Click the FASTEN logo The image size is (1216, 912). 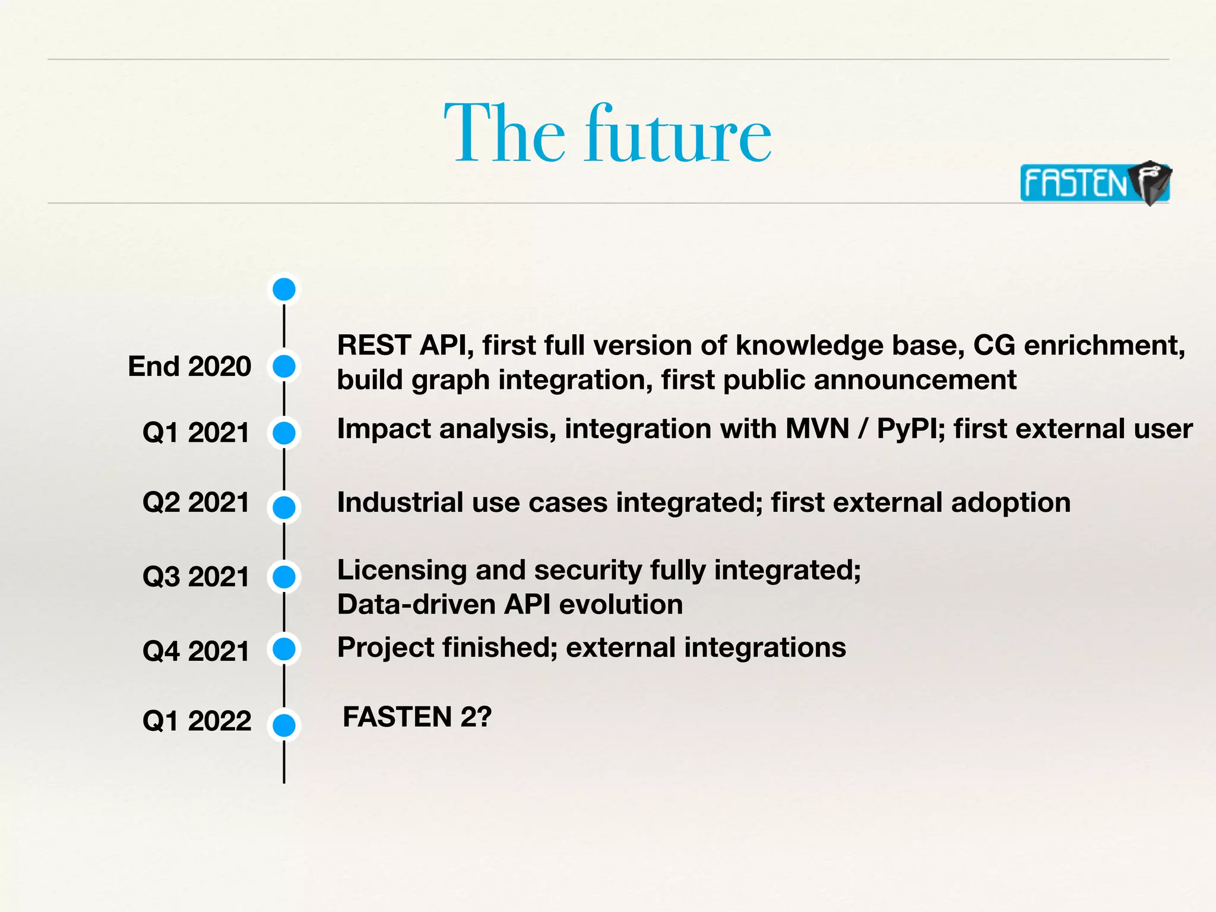tap(1094, 183)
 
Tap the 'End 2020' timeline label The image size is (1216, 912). tap(189, 366)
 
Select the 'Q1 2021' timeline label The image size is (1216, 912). tap(196, 432)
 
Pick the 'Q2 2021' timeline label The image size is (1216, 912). tap(196, 502)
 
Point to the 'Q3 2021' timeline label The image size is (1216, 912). tap(196, 577)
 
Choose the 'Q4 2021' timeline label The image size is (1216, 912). tap(196, 651)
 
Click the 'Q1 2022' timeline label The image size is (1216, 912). tap(197, 721)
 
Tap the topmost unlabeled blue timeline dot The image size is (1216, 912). tap(284, 289)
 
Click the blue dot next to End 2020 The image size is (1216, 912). tap(284, 366)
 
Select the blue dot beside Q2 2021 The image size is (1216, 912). tap(284, 508)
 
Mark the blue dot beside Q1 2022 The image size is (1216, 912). tap(284, 725)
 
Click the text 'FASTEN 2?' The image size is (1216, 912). tap(417, 717)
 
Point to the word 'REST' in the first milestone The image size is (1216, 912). tap(374, 346)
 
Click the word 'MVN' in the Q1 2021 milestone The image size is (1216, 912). tap(817, 429)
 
